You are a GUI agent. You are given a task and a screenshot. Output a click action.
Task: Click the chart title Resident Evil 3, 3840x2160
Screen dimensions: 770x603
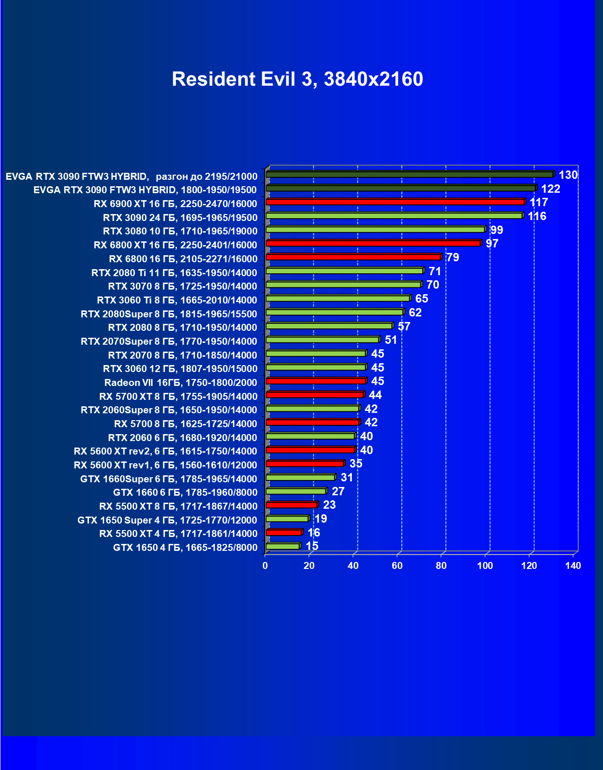tap(297, 79)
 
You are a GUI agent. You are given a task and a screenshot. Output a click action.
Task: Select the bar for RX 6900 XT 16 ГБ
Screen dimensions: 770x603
tap(395, 202)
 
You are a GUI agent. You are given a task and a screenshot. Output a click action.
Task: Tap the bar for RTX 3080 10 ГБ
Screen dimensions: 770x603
tap(375, 230)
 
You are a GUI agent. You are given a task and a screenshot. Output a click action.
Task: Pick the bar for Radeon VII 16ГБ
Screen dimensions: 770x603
tap(316, 381)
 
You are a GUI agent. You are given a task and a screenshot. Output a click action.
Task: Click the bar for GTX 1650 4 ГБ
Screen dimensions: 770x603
tap(283, 547)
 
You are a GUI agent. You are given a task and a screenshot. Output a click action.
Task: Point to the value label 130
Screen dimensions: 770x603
tap(568, 175)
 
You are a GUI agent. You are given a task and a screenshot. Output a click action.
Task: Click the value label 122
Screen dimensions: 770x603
tap(551, 189)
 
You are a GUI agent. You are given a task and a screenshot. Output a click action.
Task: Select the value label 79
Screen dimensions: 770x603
tap(452, 258)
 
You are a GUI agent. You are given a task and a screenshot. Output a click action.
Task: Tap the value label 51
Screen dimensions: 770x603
tap(391, 340)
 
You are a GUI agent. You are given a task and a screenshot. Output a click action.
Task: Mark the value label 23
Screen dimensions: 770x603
tap(329, 505)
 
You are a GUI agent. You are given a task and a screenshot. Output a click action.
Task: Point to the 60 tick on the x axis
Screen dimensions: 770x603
tap(397, 566)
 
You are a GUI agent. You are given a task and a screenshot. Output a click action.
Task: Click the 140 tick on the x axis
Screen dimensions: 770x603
tap(573, 566)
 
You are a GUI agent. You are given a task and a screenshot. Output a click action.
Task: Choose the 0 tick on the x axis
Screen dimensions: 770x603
tap(265, 566)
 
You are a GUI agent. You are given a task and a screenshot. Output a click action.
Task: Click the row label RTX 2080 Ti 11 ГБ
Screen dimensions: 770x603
tap(174, 273)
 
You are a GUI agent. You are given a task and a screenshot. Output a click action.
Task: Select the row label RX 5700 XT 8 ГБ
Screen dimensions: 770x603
tap(178, 397)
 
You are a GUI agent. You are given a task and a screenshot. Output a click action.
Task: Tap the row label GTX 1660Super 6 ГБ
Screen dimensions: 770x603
tap(169, 479)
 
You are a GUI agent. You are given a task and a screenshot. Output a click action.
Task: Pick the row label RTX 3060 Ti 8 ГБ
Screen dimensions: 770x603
tap(177, 300)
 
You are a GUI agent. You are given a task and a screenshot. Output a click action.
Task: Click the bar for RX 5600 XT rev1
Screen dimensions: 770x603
tap(305, 464)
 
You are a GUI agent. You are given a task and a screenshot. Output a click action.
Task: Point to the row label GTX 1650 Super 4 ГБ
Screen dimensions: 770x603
tap(167, 520)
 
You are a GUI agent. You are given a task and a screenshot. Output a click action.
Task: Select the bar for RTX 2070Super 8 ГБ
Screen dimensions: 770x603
tap(323, 340)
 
